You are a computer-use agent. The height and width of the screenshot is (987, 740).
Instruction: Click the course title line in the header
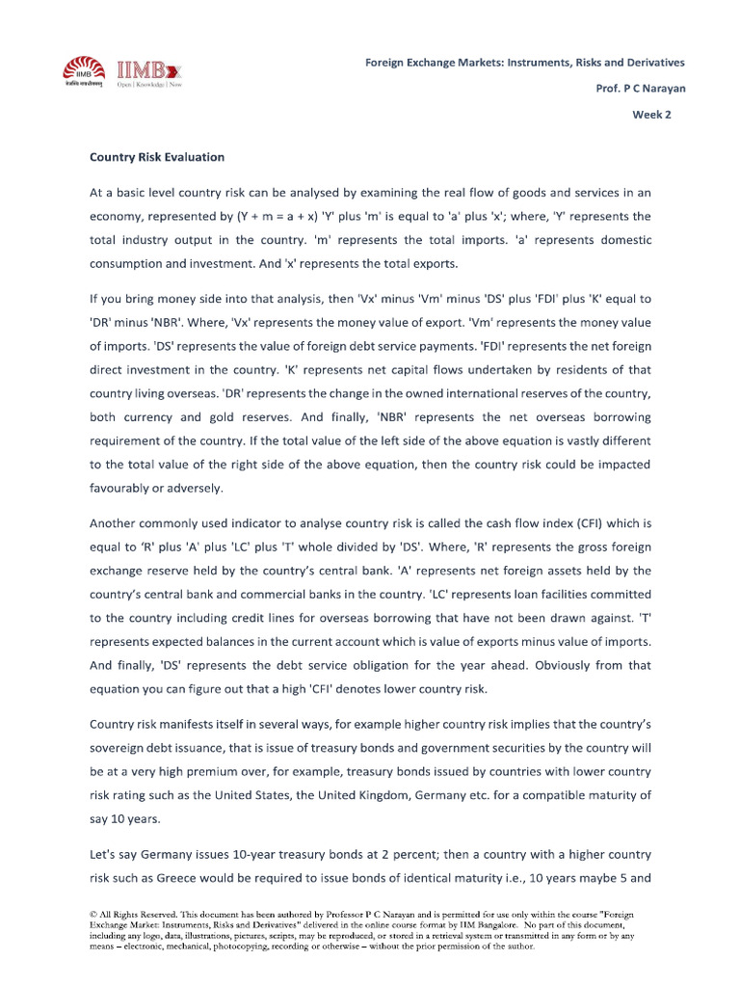point(524,62)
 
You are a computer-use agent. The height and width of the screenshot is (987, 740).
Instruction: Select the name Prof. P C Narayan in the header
point(641,88)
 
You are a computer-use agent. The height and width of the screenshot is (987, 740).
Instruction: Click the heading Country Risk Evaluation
point(157,156)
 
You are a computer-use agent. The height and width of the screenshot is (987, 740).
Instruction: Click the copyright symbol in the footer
point(93,912)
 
